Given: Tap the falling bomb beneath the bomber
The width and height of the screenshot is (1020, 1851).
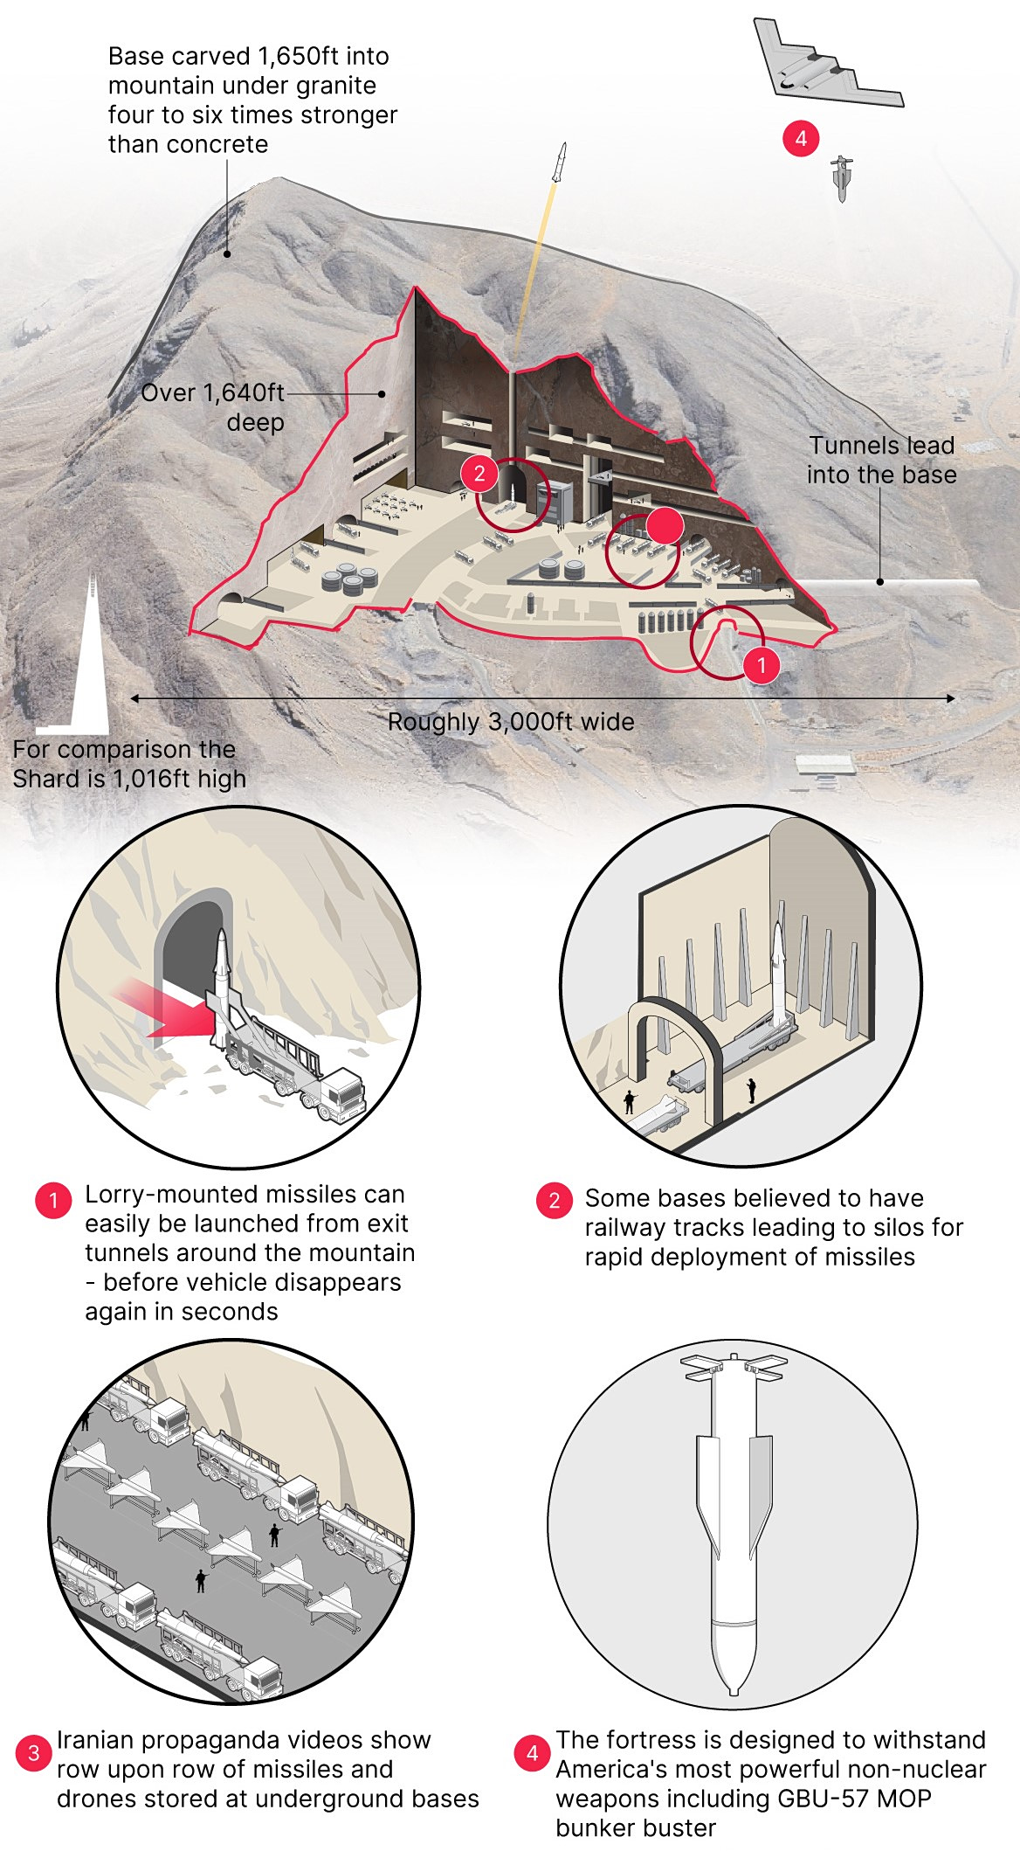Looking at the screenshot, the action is pyautogui.click(x=841, y=178).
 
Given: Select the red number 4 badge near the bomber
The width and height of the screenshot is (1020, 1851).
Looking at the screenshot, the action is pyautogui.click(x=801, y=138).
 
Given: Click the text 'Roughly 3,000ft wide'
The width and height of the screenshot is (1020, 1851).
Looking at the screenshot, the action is pyautogui.click(x=511, y=722).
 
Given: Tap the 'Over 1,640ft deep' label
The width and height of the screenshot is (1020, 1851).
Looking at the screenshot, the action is pyautogui.click(x=214, y=407).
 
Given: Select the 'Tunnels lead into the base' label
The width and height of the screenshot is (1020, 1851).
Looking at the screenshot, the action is pyautogui.click(x=881, y=460).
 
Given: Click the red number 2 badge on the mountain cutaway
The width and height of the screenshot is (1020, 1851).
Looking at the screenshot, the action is pyautogui.click(x=479, y=474).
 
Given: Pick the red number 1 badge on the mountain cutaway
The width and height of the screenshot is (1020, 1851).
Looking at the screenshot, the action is pyautogui.click(x=762, y=665).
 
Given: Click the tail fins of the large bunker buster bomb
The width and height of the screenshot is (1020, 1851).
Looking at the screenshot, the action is pyautogui.click(x=734, y=1367).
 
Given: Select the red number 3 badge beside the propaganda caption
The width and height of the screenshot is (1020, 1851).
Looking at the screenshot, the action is pyautogui.click(x=33, y=1753).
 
